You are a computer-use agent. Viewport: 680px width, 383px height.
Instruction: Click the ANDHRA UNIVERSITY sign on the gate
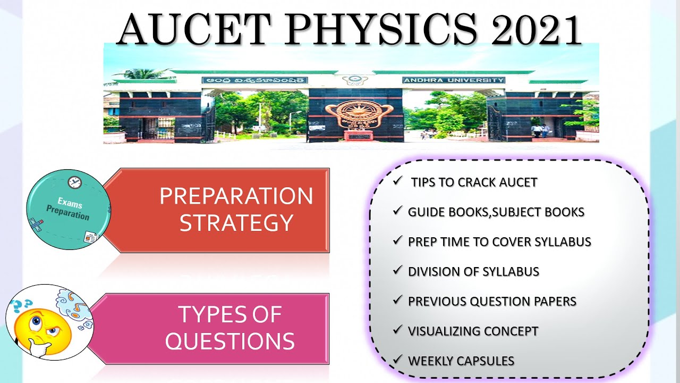click(x=453, y=80)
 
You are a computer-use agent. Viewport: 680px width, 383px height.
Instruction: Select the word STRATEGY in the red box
click(x=236, y=222)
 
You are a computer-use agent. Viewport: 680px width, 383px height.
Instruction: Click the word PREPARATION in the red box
click(x=236, y=196)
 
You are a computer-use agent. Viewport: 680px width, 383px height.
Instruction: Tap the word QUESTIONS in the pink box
click(x=229, y=340)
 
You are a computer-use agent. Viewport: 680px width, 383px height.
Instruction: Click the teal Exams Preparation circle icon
click(x=69, y=210)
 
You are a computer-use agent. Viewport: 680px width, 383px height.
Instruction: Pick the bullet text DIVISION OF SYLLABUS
click(x=473, y=271)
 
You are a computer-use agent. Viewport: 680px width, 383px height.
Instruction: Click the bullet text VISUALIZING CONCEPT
click(x=473, y=331)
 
